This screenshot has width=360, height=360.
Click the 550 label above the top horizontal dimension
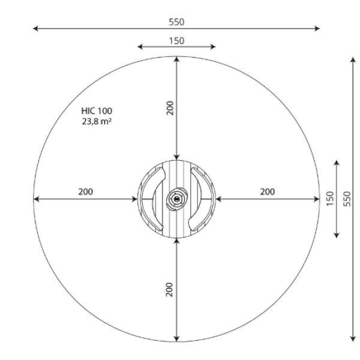[x=176, y=22]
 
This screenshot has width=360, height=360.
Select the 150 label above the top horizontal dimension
[x=176, y=41]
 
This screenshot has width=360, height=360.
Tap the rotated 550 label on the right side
[x=347, y=199]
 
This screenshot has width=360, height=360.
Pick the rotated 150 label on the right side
[x=330, y=199]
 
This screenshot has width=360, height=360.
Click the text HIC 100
[x=97, y=111]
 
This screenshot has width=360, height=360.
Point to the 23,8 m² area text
[x=97, y=121]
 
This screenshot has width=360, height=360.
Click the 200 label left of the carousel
[x=86, y=192]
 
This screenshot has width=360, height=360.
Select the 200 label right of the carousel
[x=268, y=192]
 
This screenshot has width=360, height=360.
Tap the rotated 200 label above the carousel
[x=170, y=108]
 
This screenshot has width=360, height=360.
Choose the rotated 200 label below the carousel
[x=169, y=290]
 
